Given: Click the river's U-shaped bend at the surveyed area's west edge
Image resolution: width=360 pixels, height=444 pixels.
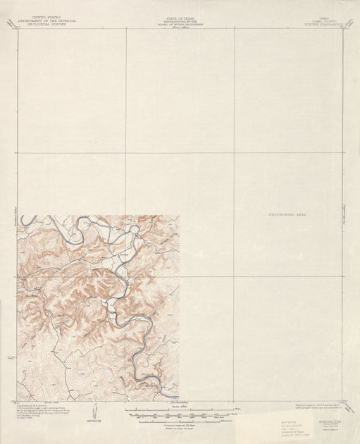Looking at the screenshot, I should point(26,221).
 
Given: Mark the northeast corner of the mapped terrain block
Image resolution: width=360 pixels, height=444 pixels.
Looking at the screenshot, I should point(179,216).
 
